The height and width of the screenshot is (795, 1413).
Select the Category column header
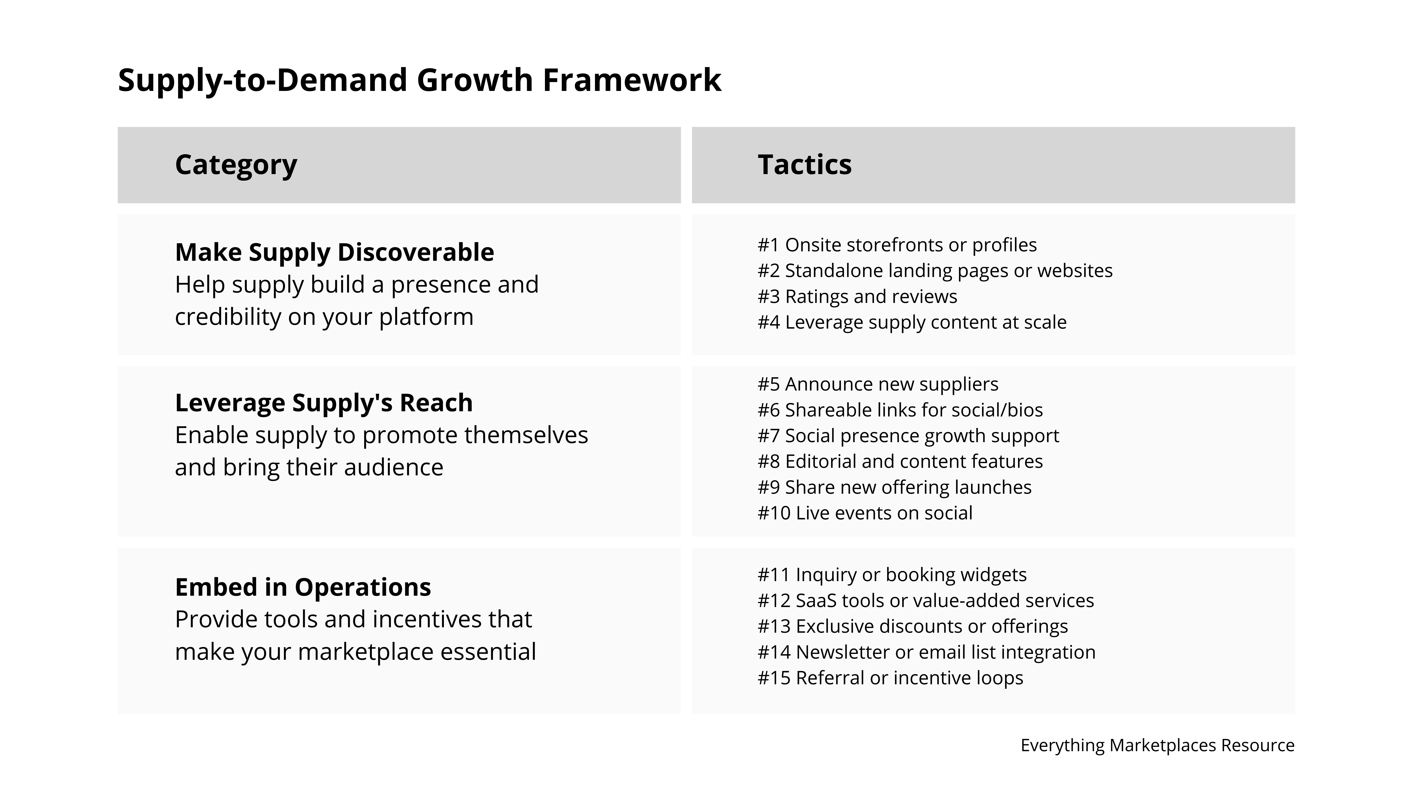coord(236,165)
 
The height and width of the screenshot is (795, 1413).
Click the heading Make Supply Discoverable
coord(334,252)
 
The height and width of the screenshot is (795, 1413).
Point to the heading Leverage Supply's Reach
coord(324,403)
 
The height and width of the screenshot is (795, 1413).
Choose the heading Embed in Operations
coord(303,587)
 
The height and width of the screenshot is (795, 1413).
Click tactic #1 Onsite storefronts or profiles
coord(897,245)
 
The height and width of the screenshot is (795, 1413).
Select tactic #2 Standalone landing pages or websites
coord(935,270)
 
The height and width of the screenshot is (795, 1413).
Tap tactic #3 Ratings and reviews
coord(857,296)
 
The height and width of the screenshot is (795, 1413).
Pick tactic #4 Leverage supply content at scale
coord(912,322)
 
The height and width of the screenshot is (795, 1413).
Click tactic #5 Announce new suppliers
coord(878,384)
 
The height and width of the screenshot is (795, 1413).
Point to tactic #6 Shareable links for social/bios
coord(900,410)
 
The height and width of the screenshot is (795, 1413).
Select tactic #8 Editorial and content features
coord(900,461)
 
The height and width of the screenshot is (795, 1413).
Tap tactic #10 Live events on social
coord(865,513)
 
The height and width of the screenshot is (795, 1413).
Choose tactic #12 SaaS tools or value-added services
coord(925,600)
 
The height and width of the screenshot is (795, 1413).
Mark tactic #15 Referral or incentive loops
coord(890,678)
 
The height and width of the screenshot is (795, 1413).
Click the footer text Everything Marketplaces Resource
coord(1157,745)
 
